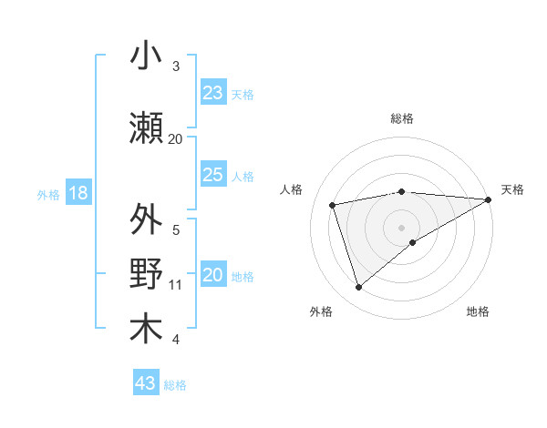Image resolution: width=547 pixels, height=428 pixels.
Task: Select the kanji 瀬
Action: [146, 127]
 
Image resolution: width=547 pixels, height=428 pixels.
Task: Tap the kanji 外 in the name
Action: [146, 220]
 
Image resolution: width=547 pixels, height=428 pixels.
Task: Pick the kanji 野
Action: [146, 275]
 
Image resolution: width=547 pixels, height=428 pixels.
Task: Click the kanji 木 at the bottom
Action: [146, 330]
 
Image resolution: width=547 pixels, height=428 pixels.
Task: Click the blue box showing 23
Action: [212, 93]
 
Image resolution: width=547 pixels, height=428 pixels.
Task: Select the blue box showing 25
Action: [212, 175]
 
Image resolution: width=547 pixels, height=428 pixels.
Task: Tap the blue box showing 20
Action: [212, 276]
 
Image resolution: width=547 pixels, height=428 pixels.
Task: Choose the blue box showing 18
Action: [77, 193]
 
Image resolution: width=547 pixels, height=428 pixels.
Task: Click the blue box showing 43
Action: [146, 383]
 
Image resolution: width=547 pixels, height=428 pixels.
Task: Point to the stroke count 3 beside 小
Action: [175, 66]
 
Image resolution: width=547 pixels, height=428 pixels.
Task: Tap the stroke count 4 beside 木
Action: [175, 340]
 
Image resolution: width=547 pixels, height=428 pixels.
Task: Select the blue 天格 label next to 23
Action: [243, 94]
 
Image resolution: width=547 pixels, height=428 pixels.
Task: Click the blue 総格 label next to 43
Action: [175, 385]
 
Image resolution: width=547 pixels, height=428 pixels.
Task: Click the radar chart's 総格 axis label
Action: [401, 118]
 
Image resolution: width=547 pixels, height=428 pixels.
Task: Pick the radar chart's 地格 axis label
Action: [478, 312]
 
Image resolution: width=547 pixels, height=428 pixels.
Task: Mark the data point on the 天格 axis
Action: [489, 199]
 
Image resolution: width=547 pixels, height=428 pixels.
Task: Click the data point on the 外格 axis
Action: [358, 288]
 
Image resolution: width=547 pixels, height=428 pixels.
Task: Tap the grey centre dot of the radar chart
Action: [401, 227]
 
